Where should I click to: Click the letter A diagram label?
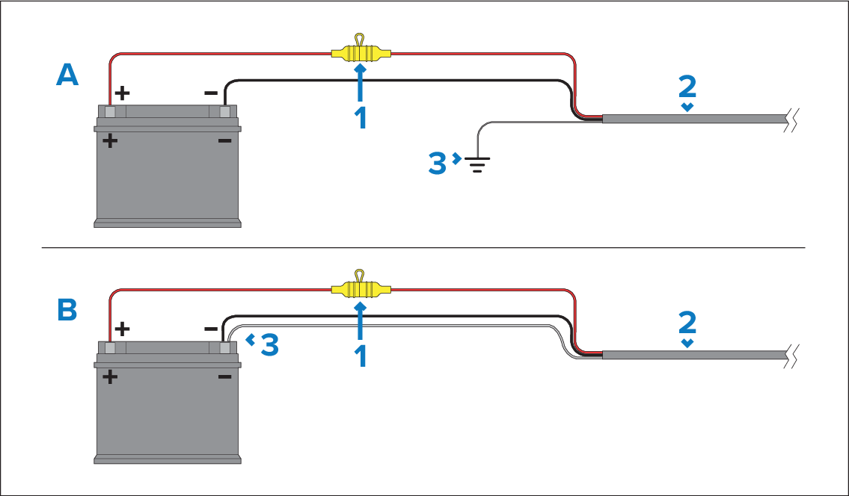tap(67, 75)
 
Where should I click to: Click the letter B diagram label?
tap(67, 310)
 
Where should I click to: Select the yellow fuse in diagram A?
tap(360, 54)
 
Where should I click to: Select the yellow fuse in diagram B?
tap(360, 288)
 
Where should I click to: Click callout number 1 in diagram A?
tap(361, 119)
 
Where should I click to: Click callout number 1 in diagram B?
tap(361, 356)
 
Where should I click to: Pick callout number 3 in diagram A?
tap(438, 164)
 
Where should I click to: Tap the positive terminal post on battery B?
tap(111, 347)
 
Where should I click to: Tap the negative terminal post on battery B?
tap(224, 347)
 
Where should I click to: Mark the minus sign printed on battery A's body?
tap(224, 141)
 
